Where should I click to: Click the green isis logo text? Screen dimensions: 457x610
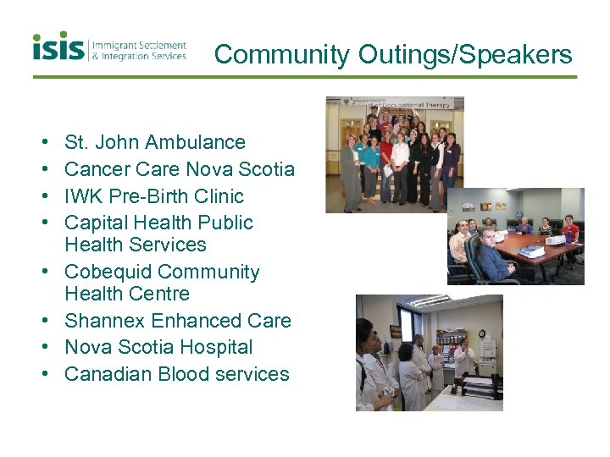point(58,47)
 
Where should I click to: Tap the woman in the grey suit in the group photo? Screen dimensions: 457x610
point(350,169)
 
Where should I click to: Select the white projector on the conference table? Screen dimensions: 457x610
point(531,251)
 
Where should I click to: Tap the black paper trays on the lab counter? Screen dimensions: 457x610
point(479,385)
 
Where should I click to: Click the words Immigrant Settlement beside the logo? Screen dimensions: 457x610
point(139,45)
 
